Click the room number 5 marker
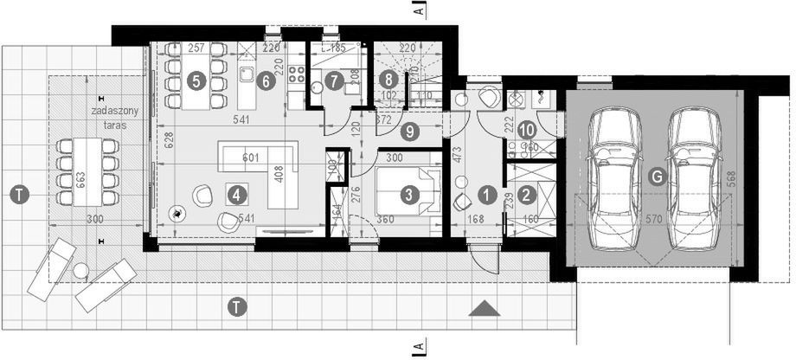click(x=196, y=81)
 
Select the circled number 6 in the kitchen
click(x=265, y=81)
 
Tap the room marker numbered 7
click(x=334, y=81)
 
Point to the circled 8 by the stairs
click(x=388, y=79)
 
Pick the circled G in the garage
click(x=657, y=177)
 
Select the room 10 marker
click(x=527, y=130)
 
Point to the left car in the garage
click(x=614, y=177)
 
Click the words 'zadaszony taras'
click(x=112, y=119)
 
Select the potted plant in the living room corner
click(x=177, y=213)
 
